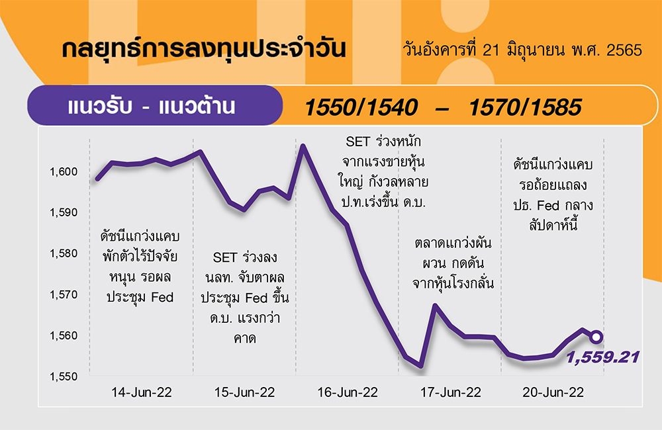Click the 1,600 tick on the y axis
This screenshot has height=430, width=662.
coord(64,172)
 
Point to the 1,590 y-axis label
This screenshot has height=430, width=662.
coord(64,212)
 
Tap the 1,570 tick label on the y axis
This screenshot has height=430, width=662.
coord(64,294)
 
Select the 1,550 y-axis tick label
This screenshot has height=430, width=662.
coord(64,376)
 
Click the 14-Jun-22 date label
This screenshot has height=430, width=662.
coord(142,392)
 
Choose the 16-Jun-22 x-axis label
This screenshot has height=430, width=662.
coord(348,392)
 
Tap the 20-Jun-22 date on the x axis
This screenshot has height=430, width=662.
coord(553,392)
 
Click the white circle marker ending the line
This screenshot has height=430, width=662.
coord(596,337)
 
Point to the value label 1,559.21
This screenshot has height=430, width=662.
coord(602,357)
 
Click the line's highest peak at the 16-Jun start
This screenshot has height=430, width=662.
coord(303,146)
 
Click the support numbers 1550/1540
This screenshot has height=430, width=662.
coord(361,107)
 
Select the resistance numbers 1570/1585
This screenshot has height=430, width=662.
coord(525,107)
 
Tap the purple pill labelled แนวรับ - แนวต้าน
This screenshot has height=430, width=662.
coord(155,105)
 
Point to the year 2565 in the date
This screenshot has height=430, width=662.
coord(624,50)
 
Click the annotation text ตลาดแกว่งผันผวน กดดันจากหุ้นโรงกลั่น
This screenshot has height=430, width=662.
coord(453,263)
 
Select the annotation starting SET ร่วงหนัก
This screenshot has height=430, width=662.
coord(383,172)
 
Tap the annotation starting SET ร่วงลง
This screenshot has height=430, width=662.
coord(245,298)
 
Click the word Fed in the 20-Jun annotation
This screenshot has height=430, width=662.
coord(548,206)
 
